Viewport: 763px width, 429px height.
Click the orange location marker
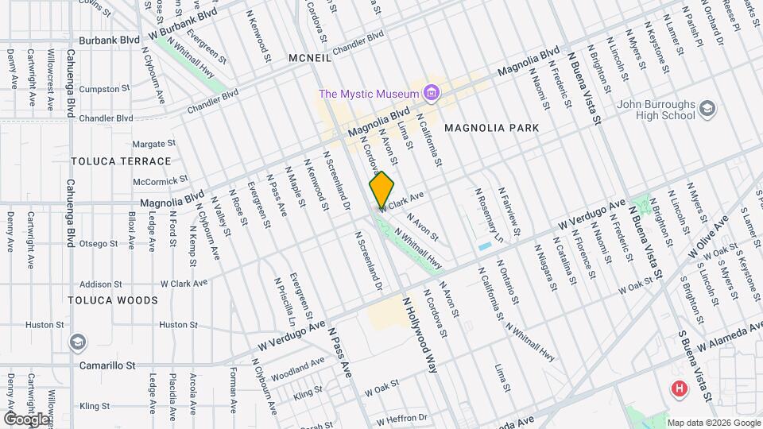381,190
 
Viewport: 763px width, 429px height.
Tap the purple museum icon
432,94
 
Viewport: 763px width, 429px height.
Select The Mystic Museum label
369,94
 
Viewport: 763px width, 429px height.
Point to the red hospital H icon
680,389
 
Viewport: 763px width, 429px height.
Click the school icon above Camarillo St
78,343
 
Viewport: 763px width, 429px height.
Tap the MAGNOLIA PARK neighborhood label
491,128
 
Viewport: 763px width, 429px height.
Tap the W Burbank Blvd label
182,25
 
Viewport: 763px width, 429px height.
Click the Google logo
26,419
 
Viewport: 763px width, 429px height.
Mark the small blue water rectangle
485,246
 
